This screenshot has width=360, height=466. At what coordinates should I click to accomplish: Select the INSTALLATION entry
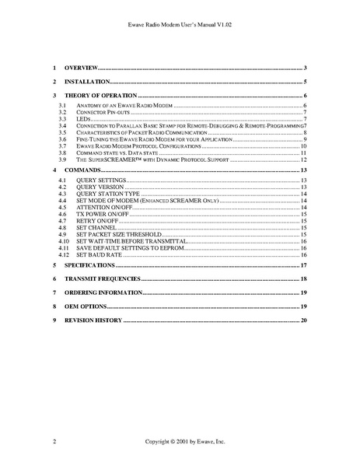[x=85, y=81]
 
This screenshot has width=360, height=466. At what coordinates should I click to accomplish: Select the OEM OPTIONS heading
[x=84, y=306]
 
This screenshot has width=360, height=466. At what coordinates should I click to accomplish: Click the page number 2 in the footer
[x=55, y=441]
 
